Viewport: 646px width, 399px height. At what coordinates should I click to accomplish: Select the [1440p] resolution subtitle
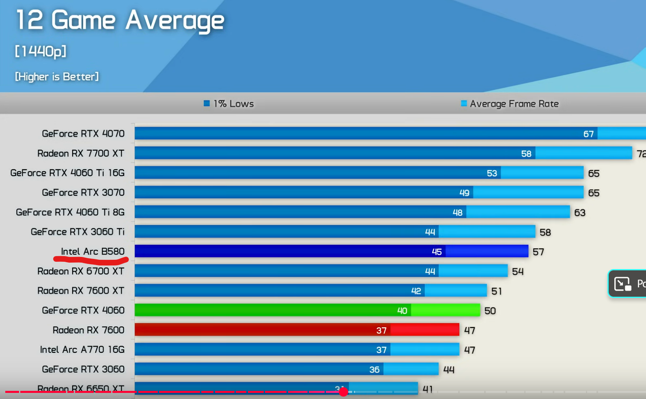[x=41, y=52]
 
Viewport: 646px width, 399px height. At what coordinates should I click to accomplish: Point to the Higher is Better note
[x=57, y=77]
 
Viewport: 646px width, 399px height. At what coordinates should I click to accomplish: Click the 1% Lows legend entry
[x=229, y=104]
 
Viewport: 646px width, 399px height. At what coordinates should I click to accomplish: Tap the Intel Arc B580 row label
[x=93, y=252]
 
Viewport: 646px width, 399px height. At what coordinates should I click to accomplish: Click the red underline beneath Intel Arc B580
[x=91, y=259]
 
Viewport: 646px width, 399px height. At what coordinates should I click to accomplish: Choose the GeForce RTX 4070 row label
[x=83, y=134]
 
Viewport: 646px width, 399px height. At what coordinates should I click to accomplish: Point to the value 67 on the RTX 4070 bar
[x=588, y=134]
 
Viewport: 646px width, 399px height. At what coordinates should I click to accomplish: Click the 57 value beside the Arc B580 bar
[x=538, y=252]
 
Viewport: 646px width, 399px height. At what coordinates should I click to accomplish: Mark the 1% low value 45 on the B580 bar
[x=437, y=252]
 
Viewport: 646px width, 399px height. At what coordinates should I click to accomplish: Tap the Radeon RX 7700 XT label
[x=81, y=153]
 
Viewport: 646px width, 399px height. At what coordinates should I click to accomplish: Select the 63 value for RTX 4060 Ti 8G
[x=580, y=213]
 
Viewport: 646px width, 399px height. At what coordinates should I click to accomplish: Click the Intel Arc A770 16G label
[x=82, y=349]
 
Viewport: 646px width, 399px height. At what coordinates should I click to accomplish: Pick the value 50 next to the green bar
[x=490, y=311]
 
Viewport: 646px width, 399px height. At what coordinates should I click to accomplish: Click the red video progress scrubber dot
[x=343, y=392]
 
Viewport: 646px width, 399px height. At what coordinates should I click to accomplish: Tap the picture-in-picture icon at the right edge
[x=622, y=283]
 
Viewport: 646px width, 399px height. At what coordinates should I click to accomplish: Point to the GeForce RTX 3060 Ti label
[x=78, y=232]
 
